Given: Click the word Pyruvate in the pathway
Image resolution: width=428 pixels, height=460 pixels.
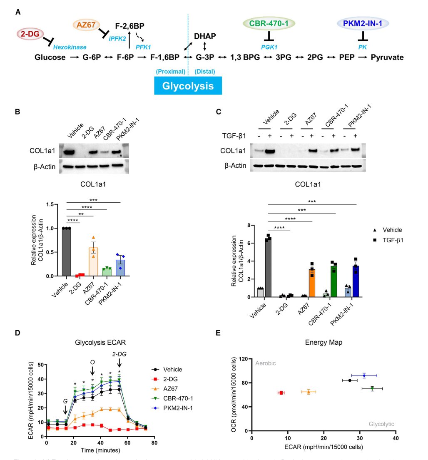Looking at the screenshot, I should tap(387, 57).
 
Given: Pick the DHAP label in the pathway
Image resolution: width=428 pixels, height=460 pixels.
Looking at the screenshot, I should tap(205, 36).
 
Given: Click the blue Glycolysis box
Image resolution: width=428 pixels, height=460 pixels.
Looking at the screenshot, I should tap(187, 86).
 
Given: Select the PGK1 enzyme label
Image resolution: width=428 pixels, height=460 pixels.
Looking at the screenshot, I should tap(269, 48).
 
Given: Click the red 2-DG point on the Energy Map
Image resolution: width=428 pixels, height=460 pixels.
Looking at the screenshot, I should tap(281, 393).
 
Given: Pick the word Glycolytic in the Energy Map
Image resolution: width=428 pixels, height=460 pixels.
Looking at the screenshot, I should tap(381, 424).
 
